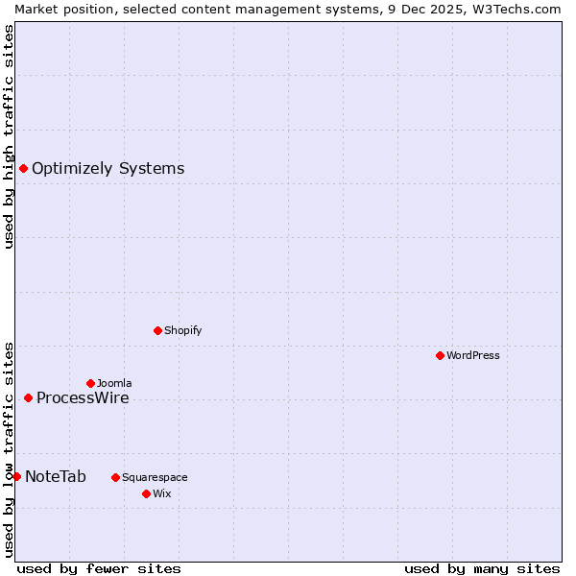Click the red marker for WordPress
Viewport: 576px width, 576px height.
[x=440, y=355]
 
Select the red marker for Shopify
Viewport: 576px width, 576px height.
[x=157, y=330]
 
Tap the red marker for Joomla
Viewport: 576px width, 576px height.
[x=90, y=383]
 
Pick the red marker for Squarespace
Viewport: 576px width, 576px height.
[x=115, y=477]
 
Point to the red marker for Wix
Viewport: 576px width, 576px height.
[x=146, y=493]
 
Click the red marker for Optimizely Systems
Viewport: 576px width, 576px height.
[x=23, y=169]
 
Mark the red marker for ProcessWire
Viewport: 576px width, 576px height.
[x=28, y=398]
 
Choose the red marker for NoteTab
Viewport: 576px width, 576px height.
[x=16, y=476]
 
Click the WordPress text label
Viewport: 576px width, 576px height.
[x=473, y=355]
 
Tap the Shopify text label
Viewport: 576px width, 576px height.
[x=183, y=330]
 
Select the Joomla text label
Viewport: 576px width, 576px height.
[x=114, y=383]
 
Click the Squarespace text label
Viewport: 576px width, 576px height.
[x=155, y=477]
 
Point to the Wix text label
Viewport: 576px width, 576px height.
[x=161, y=493]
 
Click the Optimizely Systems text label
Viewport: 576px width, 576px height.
[x=108, y=169]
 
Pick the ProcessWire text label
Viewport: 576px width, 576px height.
[x=83, y=398]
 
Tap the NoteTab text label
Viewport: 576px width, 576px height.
[x=56, y=476]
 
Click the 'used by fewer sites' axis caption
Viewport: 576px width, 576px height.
[x=99, y=568]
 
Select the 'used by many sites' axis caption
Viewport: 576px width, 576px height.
[x=482, y=568]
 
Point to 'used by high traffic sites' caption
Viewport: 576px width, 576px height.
[x=9, y=136]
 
